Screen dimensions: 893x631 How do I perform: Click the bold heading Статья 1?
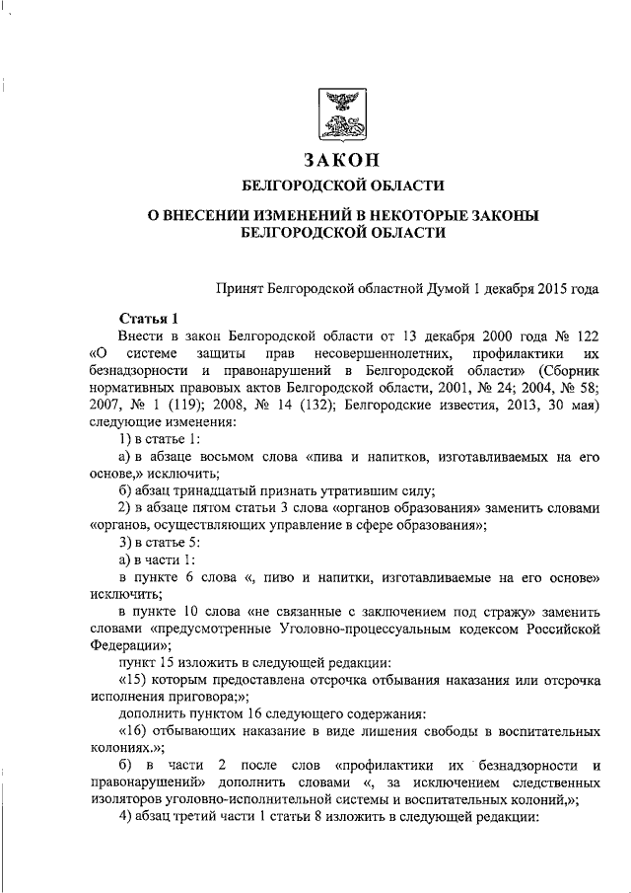[x=148, y=319]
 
